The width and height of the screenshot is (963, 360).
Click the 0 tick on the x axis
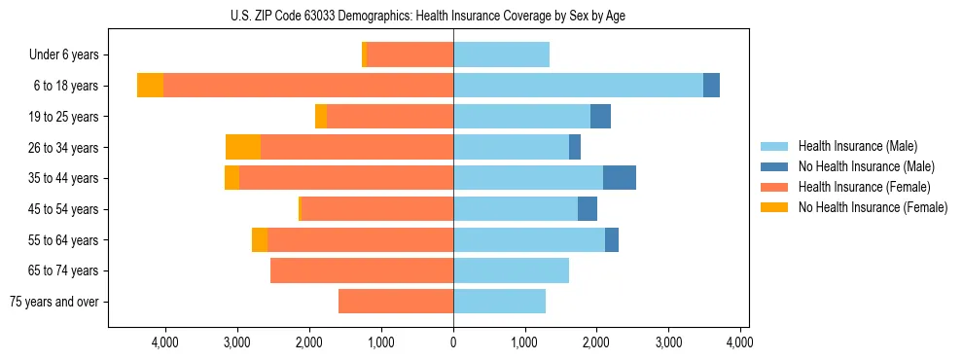point(453,342)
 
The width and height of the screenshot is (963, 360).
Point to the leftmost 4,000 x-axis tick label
point(165,342)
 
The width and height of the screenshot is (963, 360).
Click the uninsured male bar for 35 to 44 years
point(620,178)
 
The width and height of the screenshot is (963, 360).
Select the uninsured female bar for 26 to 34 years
point(243,147)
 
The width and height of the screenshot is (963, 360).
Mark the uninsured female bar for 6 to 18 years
point(150,86)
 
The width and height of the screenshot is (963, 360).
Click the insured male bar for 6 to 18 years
point(578,86)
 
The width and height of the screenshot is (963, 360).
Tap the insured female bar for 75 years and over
point(396,302)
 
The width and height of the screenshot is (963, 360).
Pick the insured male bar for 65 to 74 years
point(511,270)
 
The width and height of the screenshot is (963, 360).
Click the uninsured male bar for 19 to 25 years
point(600,117)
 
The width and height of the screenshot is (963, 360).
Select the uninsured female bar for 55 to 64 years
point(260,239)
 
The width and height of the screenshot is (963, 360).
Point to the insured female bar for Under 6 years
point(410,55)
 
